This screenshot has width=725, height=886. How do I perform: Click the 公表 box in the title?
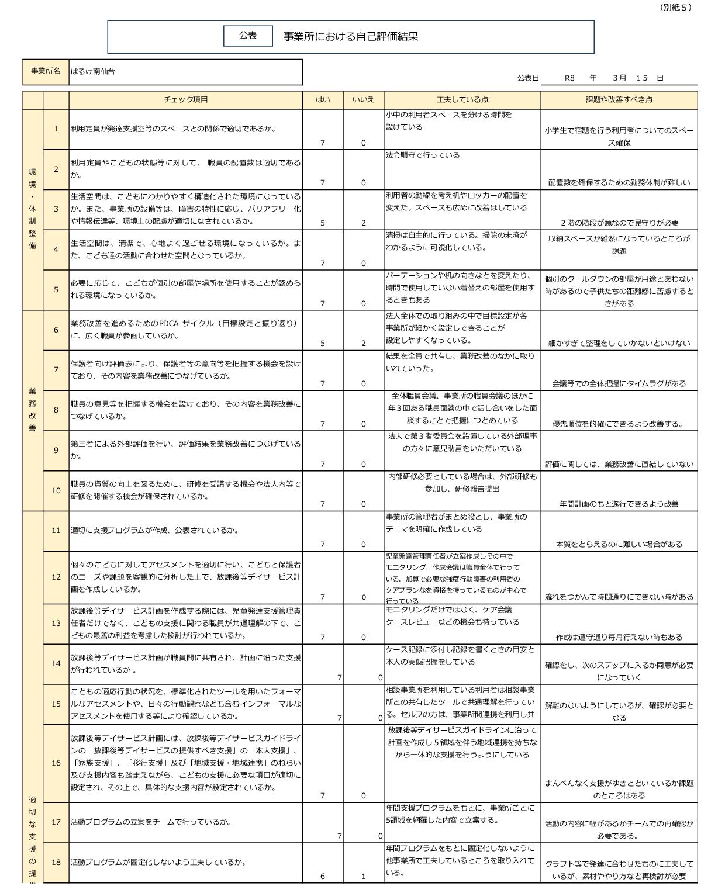[248, 36]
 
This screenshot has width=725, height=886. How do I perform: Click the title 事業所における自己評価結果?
[351, 37]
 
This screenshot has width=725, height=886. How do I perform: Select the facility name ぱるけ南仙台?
[92, 72]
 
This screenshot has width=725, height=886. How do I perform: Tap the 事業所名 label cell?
[46, 71]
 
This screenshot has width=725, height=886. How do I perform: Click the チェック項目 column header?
[185, 100]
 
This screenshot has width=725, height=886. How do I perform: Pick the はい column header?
[323, 100]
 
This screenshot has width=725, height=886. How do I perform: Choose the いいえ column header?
[363, 100]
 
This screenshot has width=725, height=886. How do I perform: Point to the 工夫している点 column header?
[462, 100]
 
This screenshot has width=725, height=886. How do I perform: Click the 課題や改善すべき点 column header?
[619, 100]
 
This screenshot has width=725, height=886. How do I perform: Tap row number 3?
[56, 209]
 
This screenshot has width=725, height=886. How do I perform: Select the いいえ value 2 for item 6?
[363, 344]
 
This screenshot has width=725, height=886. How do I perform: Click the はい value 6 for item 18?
[323, 876]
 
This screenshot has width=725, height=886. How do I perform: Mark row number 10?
[56, 491]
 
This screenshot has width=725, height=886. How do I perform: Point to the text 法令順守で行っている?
[422, 155]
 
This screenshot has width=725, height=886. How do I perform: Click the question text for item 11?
[154, 531]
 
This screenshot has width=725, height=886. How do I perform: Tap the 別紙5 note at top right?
[675, 8]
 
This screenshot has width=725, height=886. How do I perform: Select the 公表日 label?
[527, 78]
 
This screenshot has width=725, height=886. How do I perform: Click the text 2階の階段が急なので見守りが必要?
[619, 223]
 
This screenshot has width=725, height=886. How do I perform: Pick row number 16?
[56, 763]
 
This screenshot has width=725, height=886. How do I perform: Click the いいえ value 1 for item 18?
[363, 876]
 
